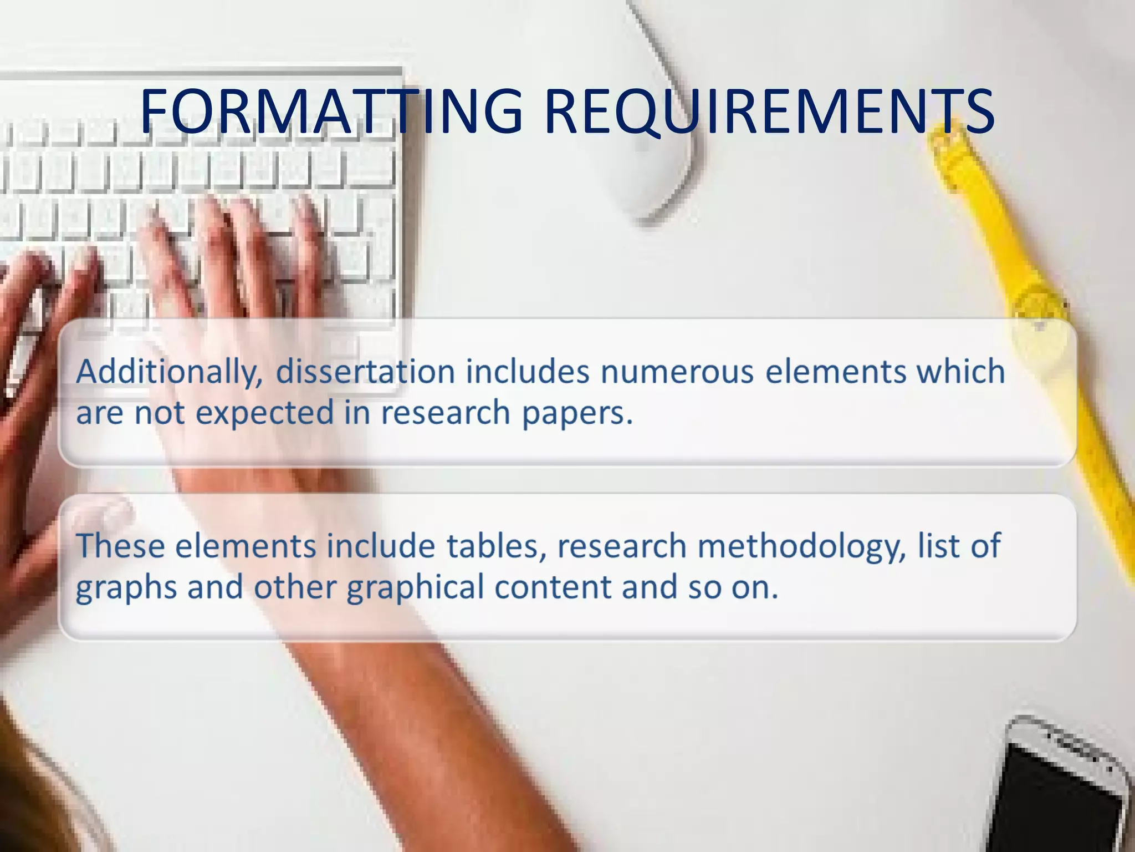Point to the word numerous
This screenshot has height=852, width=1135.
[677, 372]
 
